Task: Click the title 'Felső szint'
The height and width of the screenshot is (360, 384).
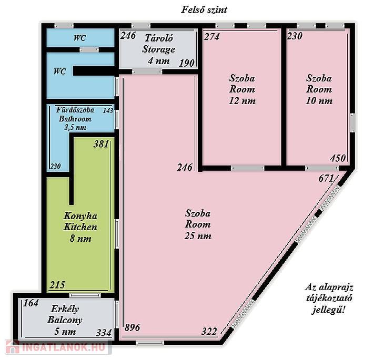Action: [x=204, y=9]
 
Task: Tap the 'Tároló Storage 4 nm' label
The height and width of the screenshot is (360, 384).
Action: [x=159, y=49]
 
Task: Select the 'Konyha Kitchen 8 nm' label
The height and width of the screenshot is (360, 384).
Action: [x=80, y=227]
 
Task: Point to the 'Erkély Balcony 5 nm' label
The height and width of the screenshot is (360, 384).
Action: [x=65, y=320]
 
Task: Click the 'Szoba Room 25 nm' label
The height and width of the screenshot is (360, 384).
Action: [x=198, y=224]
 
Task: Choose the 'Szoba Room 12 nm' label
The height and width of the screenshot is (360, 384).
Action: [x=242, y=89]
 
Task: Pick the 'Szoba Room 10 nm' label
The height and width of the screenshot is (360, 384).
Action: [x=319, y=89]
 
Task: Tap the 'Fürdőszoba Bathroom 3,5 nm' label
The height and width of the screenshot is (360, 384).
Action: [x=75, y=119]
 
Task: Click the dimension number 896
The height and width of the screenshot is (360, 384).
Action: [x=132, y=327]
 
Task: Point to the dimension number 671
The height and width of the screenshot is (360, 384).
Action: [x=326, y=178]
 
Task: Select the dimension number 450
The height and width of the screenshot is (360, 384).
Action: [x=338, y=158]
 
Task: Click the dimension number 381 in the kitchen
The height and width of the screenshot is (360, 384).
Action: [x=102, y=144]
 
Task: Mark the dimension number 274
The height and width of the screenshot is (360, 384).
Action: [x=212, y=37]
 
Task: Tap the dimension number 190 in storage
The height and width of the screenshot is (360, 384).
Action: [x=187, y=64]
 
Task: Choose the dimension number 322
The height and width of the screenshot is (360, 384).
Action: [x=209, y=332]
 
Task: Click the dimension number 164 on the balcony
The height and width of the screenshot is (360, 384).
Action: [x=31, y=303]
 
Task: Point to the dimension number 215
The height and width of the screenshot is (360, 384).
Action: [x=57, y=285]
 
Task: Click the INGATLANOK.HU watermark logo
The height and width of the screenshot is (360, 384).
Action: [x=58, y=347]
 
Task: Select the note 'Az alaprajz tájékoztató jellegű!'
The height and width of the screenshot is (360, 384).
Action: [x=329, y=299]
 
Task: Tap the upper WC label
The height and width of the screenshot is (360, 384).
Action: [x=80, y=38]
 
